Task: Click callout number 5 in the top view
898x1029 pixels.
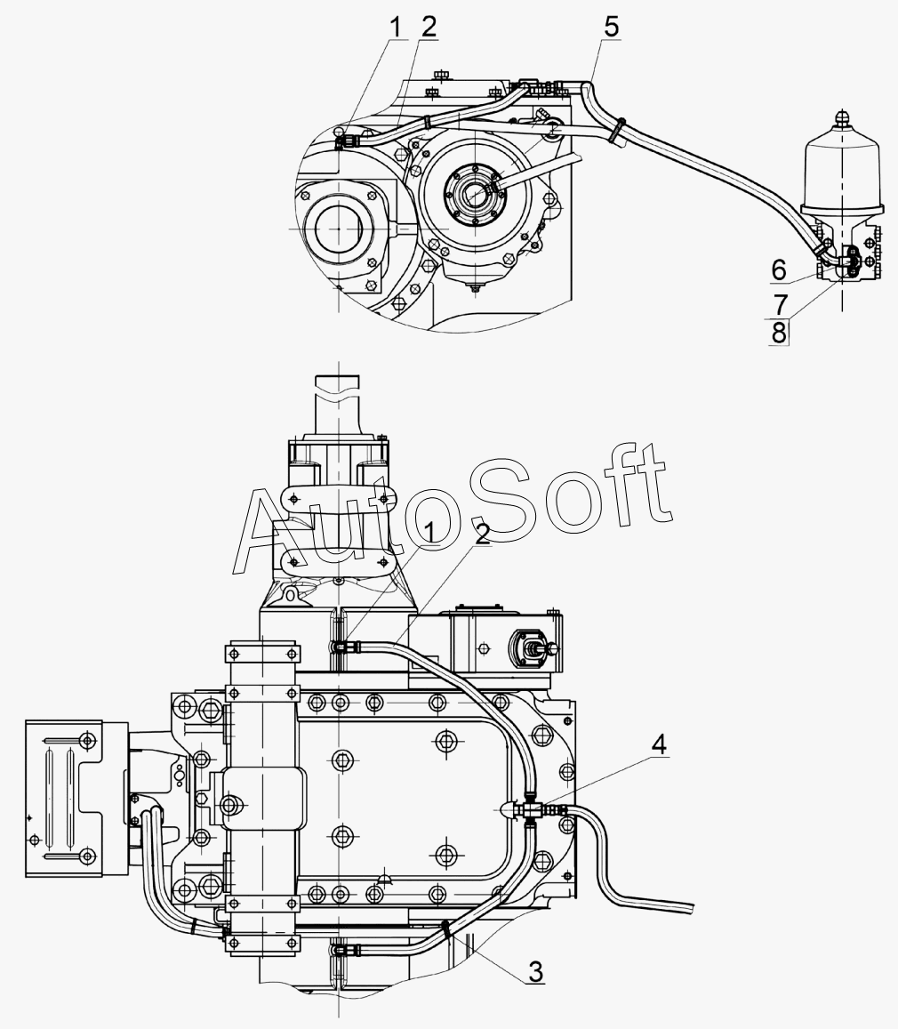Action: click(x=611, y=27)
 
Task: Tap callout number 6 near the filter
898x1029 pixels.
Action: click(x=779, y=269)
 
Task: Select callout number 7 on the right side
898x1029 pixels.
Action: click(x=780, y=305)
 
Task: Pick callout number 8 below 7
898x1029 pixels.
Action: click(x=779, y=333)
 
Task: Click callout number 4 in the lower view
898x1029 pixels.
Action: click(x=659, y=744)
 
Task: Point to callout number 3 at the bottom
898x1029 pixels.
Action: click(x=536, y=972)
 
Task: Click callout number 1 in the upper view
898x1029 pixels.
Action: click(x=395, y=27)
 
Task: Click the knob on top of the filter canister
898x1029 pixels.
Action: click(x=843, y=118)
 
